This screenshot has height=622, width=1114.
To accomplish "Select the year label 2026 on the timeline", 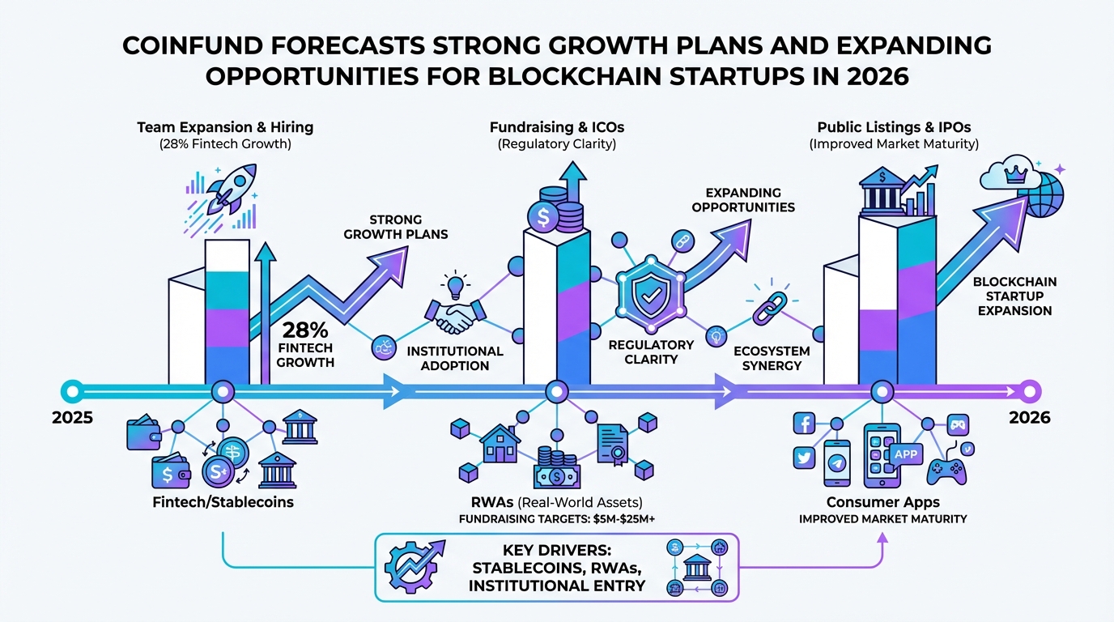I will [1030, 418].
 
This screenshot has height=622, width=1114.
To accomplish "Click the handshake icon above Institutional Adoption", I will [453, 316].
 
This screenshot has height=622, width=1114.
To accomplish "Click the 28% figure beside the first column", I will [305, 330].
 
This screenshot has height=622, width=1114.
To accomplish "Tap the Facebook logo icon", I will [804, 423].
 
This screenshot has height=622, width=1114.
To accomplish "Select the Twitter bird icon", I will [804, 458].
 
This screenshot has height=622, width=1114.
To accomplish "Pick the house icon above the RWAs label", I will [500, 443].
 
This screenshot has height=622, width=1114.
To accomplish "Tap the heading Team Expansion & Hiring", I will [225, 127].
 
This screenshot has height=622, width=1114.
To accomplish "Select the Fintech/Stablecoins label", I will [223, 502].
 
